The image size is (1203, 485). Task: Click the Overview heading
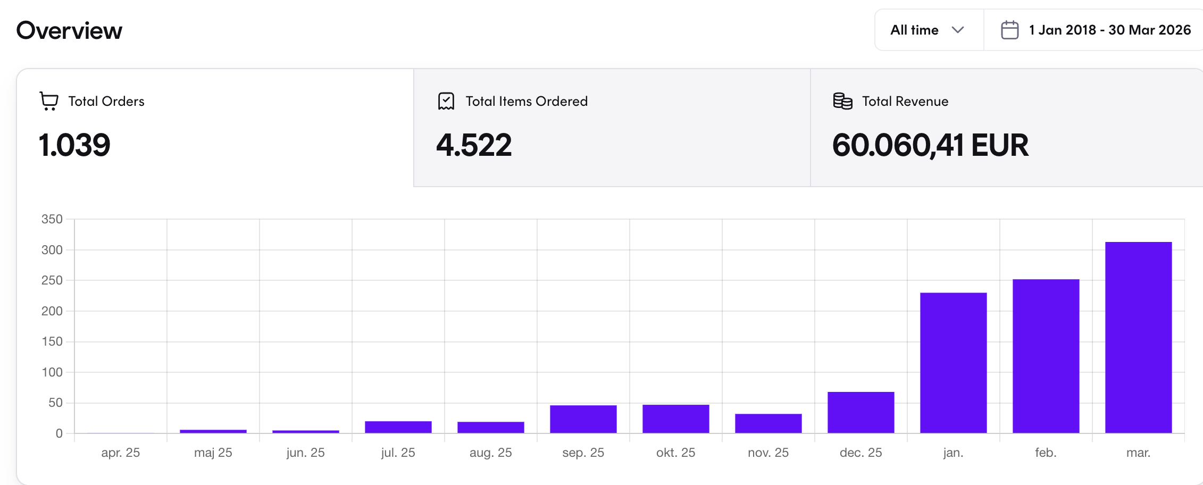pyautogui.click(x=69, y=31)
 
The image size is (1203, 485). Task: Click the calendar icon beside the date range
pyautogui.click(x=1009, y=30)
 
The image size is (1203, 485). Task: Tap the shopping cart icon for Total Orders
pyautogui.click(x=49, y=101)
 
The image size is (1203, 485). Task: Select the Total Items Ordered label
pyautogui.click(x=526, y=101)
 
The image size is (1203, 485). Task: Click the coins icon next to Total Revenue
pyautogui.click(x=842, y=101)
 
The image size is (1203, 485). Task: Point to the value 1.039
pyautogui.click(x=74, y=145)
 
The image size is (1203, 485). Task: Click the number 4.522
pyautogui.click(x=474, y=145)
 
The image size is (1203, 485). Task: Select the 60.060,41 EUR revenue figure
pyautogui.click(x=930, y=145)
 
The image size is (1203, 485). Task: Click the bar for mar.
pyautogui.click(x=1138, y=338)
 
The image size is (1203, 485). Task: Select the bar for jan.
pyautogui.click(x=953, y=363)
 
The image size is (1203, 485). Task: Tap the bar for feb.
pyautogui.click(x=1046, y=356)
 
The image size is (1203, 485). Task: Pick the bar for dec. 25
pyautogui.click(x=861, y=413)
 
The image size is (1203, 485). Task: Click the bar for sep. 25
pyautogui.click(x=583, y=419)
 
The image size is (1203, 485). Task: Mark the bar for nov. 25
pyautogui.click(x=768, y=423)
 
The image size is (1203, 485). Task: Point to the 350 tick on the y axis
pyautogui.click(x=52, y=219)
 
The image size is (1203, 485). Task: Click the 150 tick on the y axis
pyautogui.click(x=52, y=341)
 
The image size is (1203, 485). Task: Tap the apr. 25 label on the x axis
pyautogui.click(x=120, y=453)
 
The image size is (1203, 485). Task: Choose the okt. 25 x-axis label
pyautogui.click(x=675, y=453)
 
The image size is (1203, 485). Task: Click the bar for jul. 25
pyautogui.click(x=398, y=427)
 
